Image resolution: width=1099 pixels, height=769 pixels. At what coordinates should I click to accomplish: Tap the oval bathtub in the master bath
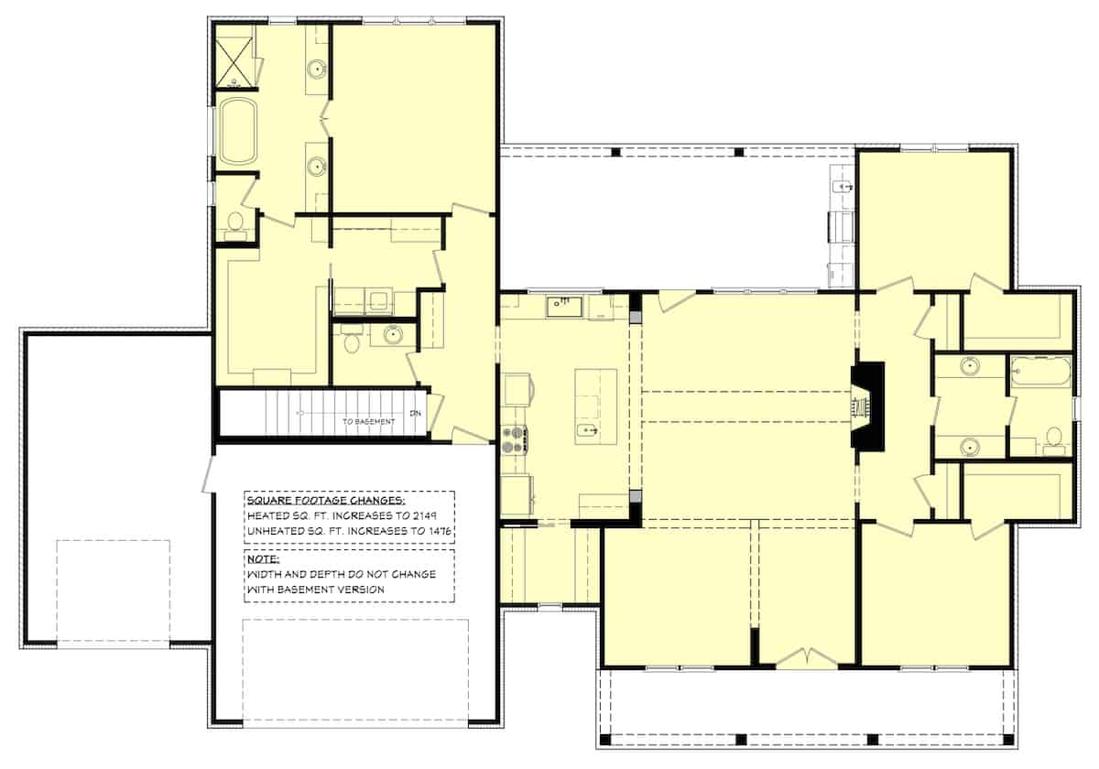(237, 130)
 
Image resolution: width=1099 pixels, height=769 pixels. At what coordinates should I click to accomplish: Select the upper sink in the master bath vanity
(317, 68)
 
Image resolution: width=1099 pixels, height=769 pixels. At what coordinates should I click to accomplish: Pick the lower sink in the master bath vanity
(317, 166)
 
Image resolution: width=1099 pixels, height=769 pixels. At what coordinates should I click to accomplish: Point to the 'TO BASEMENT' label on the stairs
(369, 422)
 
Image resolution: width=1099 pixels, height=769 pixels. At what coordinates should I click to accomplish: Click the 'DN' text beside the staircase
(416, 413)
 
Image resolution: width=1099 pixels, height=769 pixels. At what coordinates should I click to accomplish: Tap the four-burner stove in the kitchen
(513, 439)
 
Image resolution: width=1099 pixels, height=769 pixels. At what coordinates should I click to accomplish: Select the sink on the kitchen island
(588, 429)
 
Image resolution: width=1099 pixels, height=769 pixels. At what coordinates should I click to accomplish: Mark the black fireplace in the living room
(867, 406)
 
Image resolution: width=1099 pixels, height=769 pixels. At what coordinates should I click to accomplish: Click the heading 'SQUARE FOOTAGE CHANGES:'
(324, 501)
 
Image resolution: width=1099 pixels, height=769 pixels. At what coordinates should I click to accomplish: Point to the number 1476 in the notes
(440, 530)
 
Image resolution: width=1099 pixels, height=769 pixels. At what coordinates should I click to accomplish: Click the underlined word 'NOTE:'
(263, 558)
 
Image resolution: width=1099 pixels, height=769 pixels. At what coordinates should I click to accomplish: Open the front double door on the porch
(805, 658)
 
